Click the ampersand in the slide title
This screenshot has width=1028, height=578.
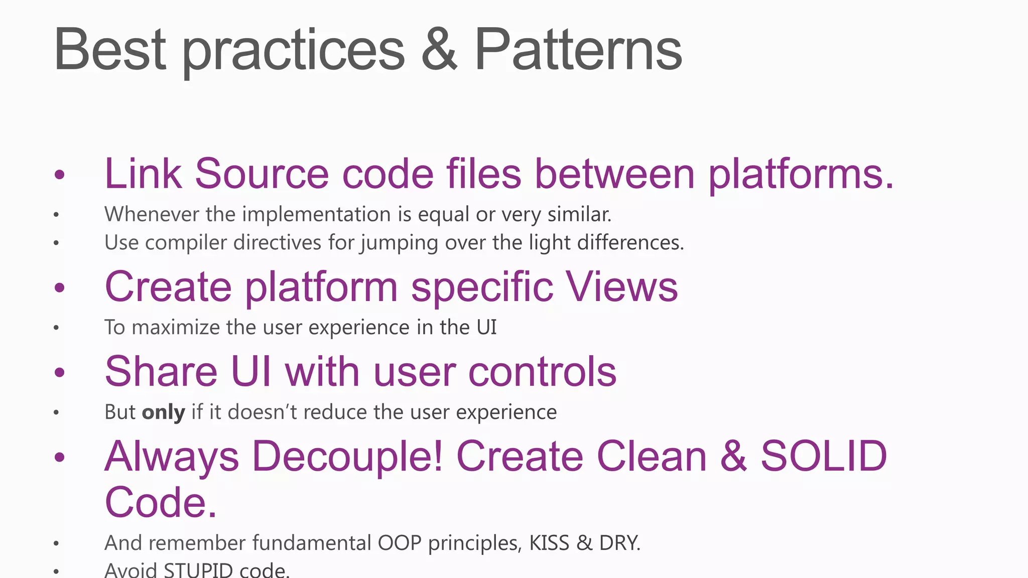tap(439, 50)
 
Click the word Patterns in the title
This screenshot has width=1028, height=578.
tap(578, 50)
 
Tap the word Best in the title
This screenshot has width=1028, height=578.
tap(109, 50)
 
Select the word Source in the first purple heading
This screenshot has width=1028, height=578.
tap(262, 174)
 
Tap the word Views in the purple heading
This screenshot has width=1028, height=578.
tap(622, 287)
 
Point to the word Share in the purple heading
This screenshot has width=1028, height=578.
tap(161, 372)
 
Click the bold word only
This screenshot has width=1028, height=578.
tap(164, 412)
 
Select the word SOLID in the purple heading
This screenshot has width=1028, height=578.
tap(824, 456)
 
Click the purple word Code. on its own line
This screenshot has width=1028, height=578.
tap(161, 502)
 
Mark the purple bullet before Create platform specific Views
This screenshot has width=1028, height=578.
tap(60, 288)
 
